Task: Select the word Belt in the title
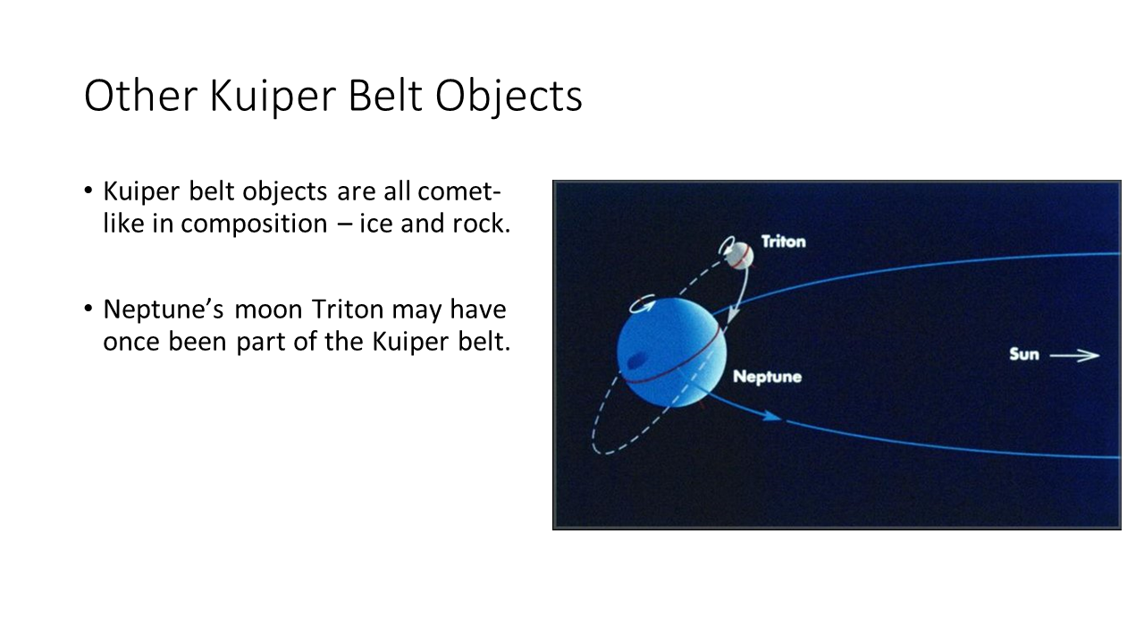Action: pos(385,95)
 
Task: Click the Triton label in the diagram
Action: pos(783,241)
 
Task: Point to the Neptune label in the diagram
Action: pos(767,377)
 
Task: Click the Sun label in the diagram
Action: pos(1024,354)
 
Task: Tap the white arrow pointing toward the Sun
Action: pos(1074,355)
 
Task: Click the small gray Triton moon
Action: pos(739,256)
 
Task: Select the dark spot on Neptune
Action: pos(635,360)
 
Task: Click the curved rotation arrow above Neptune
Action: pos(642,305)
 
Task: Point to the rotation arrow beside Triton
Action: pos(724,244)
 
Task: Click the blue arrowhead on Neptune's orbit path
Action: pos(771,417)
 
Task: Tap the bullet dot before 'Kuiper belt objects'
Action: pos(88,191)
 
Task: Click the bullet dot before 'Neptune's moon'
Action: pos(88,309)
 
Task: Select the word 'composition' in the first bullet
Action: pos(254,225)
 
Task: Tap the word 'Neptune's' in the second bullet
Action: pos(164,310)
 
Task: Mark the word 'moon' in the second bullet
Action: pos(268,310)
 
